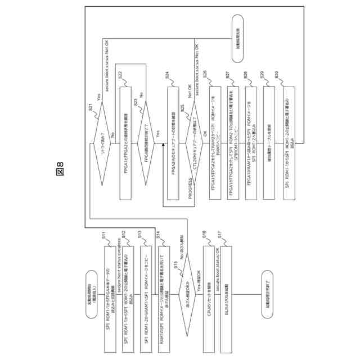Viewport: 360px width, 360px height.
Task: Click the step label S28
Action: [245, 75]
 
